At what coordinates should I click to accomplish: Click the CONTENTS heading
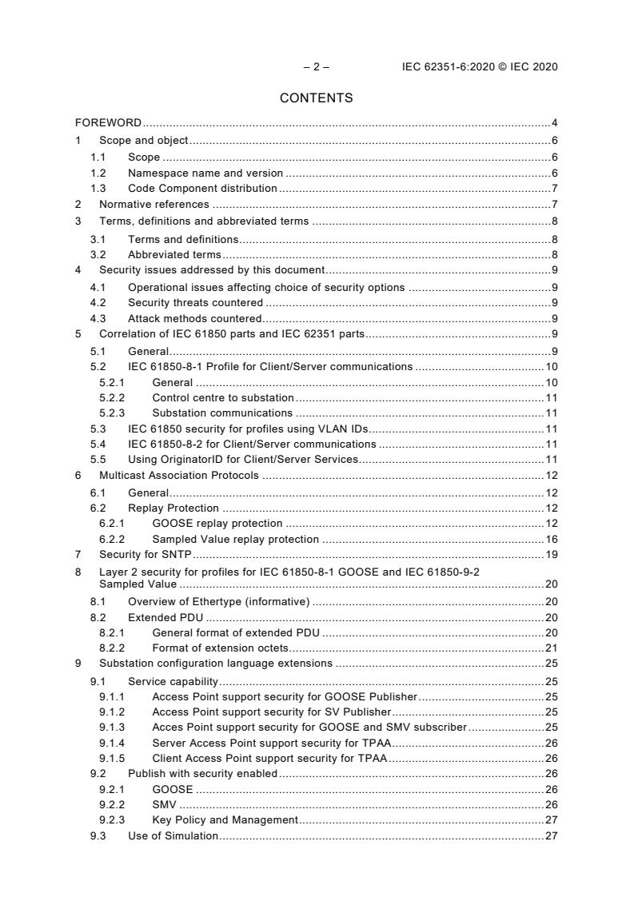click(316, 98)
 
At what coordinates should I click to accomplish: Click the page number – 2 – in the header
click(316, 67)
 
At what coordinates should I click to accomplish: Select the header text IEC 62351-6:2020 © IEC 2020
click(480, 67)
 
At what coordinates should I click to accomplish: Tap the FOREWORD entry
click(109, 122)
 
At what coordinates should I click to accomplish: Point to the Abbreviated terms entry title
click(174, 254)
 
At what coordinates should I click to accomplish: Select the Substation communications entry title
click(222, 413)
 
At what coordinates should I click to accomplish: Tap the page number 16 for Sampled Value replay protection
click(551, 539)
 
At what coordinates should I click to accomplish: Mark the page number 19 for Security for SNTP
click(551, 554)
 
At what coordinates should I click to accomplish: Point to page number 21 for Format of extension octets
click(551, 648)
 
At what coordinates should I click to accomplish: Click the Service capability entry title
click(173, 682)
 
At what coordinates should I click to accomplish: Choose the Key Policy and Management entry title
click(225, 819)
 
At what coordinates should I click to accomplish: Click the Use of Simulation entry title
click(173, 835)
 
